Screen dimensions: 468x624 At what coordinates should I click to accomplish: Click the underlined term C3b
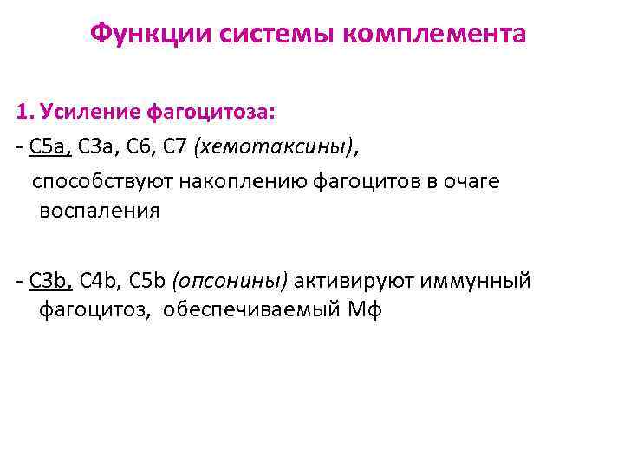pos(51,280)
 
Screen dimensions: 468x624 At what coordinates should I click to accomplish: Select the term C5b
pos(148,280)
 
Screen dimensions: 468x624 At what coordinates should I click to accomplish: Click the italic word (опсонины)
pos(231,280)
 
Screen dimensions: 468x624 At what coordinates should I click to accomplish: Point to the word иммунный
pos(476,280)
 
